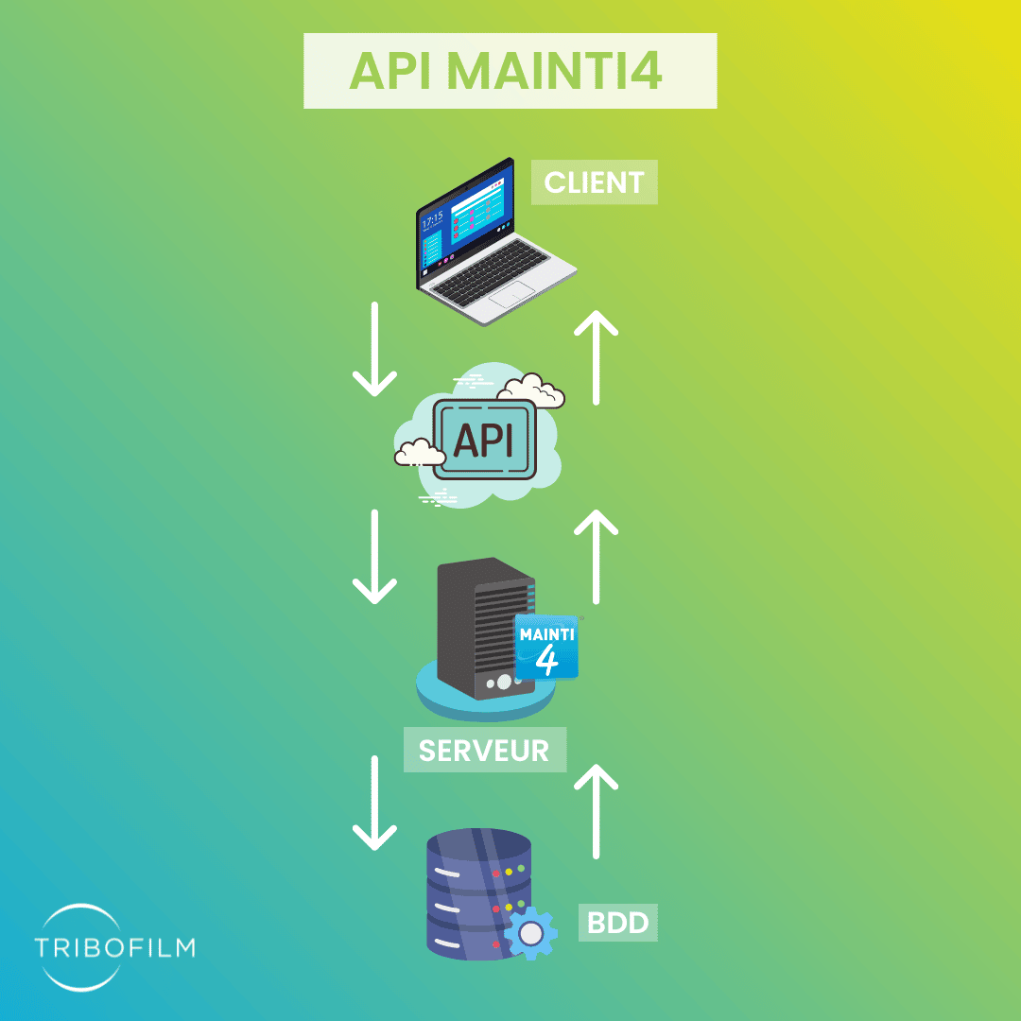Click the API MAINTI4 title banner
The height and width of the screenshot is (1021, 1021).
(x=510, y=70)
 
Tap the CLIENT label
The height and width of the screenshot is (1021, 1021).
(x=594, y=182)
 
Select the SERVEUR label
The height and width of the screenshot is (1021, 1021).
(x=484, y=750)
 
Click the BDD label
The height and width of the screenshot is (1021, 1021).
(x=617, y=922)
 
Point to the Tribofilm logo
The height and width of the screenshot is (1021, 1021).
(x=114, y=946)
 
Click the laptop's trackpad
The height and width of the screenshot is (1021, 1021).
(x=511, y=295)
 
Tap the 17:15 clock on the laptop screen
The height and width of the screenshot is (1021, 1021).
(x=433, y=219)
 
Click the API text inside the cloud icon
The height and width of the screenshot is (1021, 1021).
(x=483, y=441)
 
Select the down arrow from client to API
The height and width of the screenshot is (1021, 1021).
(x=374, y=349)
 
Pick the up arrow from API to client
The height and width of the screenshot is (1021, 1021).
(x=596, y=357)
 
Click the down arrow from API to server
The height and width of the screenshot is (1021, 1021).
(x=374, y=557)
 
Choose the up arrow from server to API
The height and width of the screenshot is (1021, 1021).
(x=596, y=557)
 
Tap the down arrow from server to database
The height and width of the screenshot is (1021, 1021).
(x=374, y=803)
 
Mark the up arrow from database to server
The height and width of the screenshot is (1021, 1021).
(x=596, y=811)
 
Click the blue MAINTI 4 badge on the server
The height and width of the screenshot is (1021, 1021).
(x=547, y=648)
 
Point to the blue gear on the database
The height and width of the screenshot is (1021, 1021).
(x=530, y=933)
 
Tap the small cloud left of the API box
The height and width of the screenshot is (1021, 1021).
(x=420, y=453)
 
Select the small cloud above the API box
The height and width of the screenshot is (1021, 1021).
(x=531, y=390)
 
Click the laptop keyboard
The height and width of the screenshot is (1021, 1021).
(x=491, y=272)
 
